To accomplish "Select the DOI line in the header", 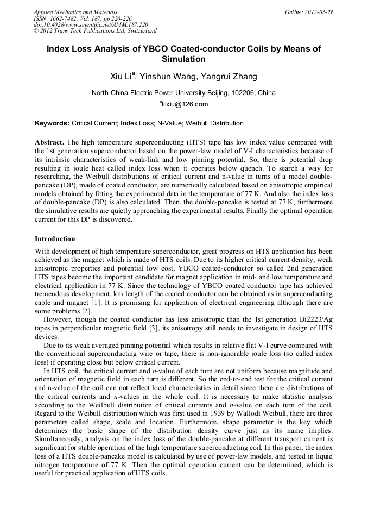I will (91, 24).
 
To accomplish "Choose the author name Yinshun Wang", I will (167, 77).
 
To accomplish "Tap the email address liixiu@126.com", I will (185, 104).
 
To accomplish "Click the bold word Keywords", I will (52, 123).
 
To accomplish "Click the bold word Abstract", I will (49, 141).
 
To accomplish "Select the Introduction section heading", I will (55, 239).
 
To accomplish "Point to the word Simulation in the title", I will (184, 59).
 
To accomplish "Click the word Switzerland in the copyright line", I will (139, 31).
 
